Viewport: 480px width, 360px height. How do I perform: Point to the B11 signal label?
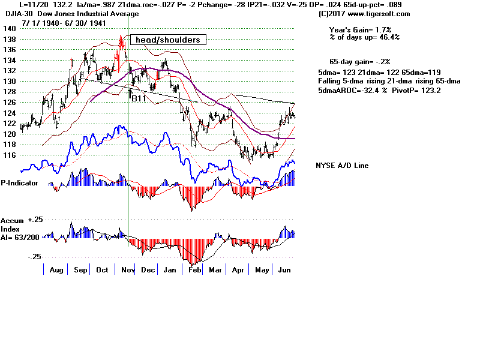[139, 98]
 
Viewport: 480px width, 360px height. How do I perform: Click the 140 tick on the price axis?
[8, 28]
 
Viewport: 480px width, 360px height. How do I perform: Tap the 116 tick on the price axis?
[8, 155]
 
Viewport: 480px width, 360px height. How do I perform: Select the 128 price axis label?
[8, 91]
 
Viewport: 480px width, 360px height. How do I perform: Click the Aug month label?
[56, 271]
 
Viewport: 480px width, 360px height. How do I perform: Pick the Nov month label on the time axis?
[127, 271]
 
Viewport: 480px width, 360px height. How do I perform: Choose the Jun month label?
[284, 271]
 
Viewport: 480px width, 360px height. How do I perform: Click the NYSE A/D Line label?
[342, 166]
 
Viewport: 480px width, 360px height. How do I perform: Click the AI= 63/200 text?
[20, 236]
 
